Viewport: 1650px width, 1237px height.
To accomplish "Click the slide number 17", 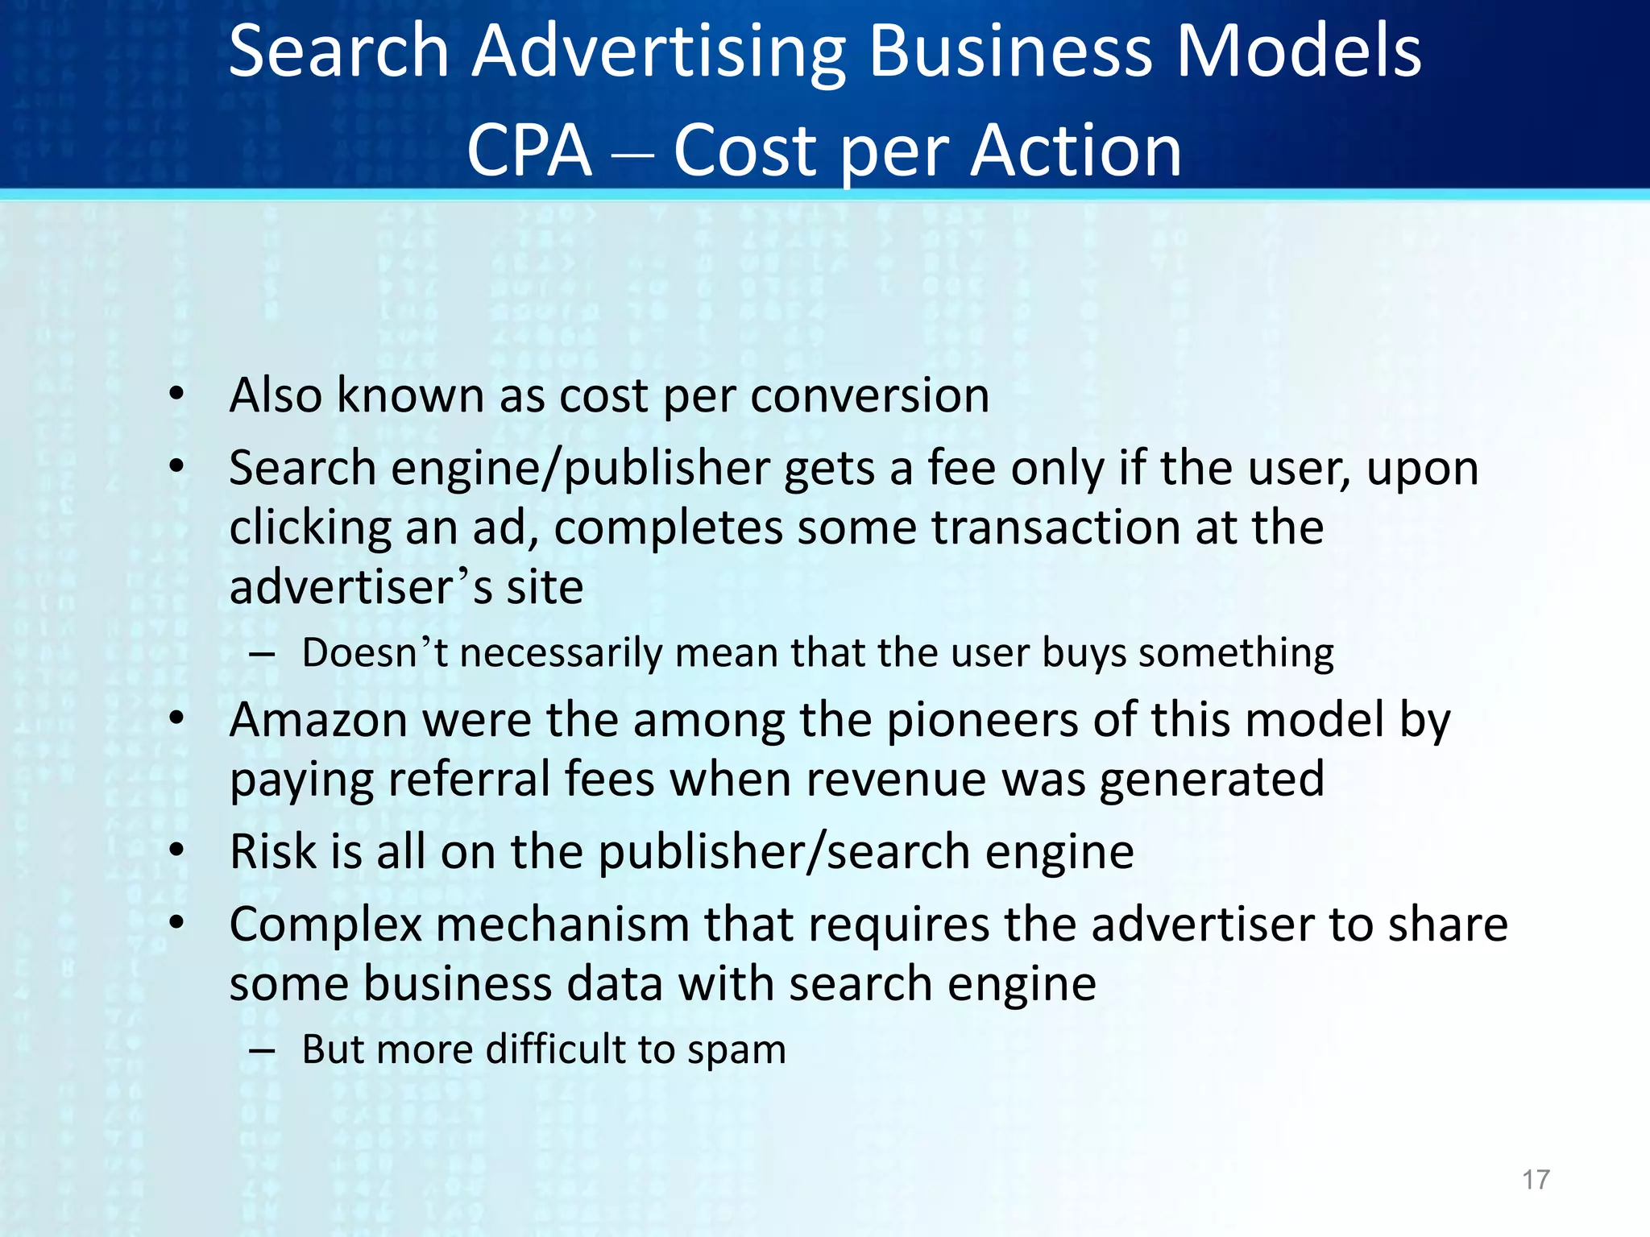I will coord(1536,1180).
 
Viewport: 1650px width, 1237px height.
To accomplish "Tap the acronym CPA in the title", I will coord(529,151).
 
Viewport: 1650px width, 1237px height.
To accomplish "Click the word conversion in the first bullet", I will coord(869,395).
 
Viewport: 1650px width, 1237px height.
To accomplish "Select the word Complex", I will coord(325,925).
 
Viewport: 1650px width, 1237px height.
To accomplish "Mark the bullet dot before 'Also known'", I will coord(176,395).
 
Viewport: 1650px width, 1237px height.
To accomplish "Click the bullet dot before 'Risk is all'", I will coord(176,850).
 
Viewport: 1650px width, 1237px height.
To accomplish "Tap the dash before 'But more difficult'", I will coord(262,1050).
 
